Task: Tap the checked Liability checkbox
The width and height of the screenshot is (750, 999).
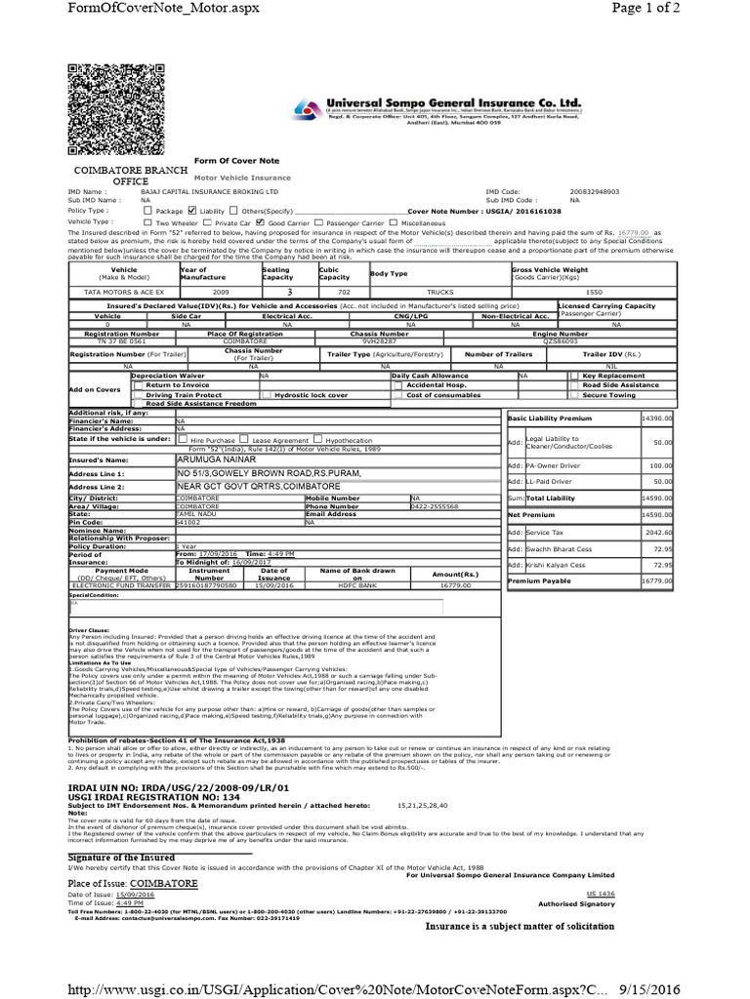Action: click(191, 210)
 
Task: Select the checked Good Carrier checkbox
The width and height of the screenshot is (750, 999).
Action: click(260, 221)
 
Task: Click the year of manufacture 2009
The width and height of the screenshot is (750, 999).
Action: click(195, 292)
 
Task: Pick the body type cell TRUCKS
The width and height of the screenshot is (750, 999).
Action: click(439, 292)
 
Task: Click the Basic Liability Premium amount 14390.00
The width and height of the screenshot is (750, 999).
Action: click(657, 418)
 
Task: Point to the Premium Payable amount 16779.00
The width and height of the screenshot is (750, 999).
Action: click(657, 580)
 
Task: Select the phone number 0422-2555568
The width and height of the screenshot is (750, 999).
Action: click(436, 506)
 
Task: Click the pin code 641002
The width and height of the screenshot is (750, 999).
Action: click(188, 522)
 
